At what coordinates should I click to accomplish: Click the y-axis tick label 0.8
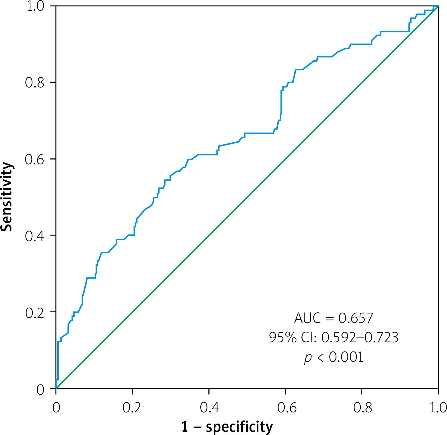(35, 82)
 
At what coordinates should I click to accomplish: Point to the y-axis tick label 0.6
(35, 159)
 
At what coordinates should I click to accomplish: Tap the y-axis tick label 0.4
(35, 236)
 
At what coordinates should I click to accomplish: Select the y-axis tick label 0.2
(35, 313)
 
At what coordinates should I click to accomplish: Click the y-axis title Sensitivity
(7, 197)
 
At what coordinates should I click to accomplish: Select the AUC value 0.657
(356, 318)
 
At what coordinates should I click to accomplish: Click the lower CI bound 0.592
(338, 337)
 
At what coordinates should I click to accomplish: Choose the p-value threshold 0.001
(346, 357)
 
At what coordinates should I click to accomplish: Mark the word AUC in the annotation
(307, 318)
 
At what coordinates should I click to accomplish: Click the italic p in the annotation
(308, 358)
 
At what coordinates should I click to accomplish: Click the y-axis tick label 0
(41, 390)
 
